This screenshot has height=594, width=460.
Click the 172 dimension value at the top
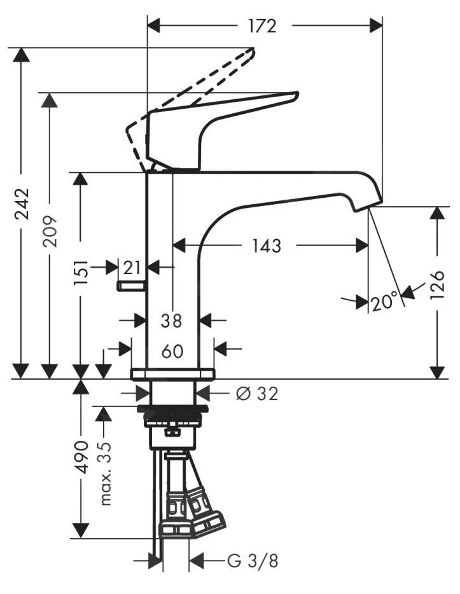click(263, 26)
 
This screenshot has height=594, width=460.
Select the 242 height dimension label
click(21, 204)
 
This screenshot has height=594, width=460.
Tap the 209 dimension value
click(50, 231)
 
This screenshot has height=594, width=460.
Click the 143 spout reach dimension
click(267, 246)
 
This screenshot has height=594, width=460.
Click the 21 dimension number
click(132, 268)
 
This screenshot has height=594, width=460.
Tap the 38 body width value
click(171, 321)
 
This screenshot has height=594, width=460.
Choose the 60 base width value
click(172, 352)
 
